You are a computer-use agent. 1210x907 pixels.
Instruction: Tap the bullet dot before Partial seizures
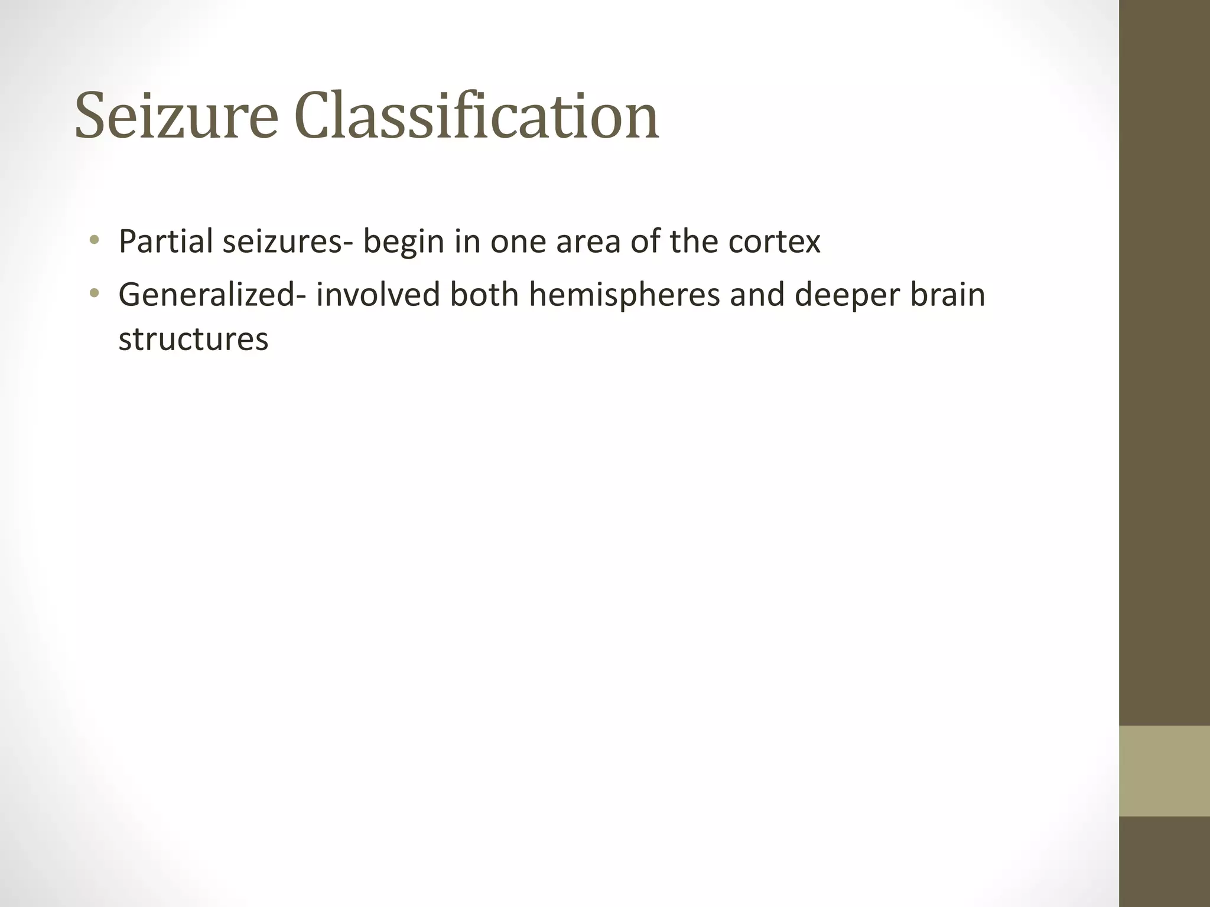click(x=94, y=240)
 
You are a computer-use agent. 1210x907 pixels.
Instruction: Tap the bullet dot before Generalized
click(x=94, y=293)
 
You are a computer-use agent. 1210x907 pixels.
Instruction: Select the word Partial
click(x=165, y=242)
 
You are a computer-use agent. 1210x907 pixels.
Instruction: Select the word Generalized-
click(x=212, y=295)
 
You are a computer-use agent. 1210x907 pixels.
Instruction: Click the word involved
click(x=378, y=295)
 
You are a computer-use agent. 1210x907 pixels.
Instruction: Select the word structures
click(x=193, y=340)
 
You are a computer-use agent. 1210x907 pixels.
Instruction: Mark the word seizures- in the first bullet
click(x=282, y=242)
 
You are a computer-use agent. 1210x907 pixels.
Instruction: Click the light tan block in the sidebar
click(x=1164, y=771)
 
